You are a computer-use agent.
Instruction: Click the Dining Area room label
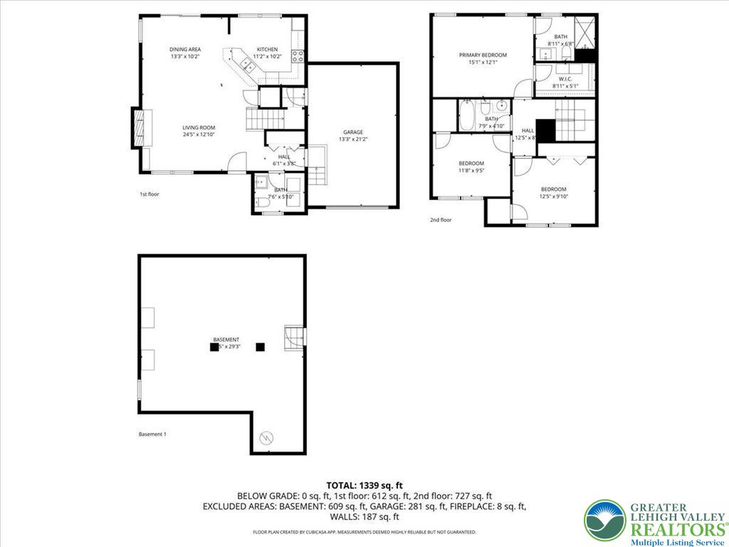185,49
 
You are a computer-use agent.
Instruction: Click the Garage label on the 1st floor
353,132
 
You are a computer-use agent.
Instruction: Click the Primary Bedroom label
483,55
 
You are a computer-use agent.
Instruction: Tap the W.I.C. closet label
565,78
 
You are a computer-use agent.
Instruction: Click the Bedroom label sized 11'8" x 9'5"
471,163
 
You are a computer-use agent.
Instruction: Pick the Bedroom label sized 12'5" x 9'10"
553,189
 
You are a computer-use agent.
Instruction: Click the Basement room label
226,340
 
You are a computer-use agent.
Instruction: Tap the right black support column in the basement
260,347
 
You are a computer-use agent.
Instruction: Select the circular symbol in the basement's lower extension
267,437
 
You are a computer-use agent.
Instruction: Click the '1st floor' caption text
149,193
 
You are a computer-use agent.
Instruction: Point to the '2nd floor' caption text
441,220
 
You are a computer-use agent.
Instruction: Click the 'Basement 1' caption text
152,434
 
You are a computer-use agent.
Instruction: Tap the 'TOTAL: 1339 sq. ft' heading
364,485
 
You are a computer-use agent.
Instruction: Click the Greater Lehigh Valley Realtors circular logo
604,520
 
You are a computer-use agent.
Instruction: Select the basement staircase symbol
293,338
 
